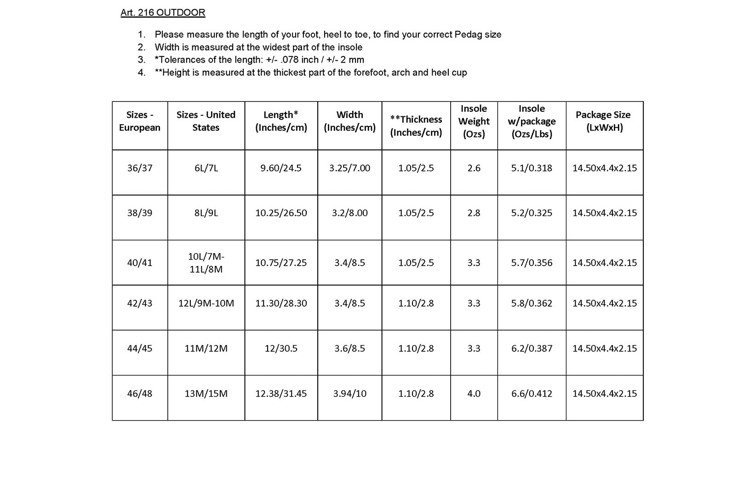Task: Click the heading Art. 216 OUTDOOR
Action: coord(163,13)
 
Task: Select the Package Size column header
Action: coord(603,121)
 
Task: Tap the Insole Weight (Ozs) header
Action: coord(474,121)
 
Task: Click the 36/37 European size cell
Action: coord(140,168)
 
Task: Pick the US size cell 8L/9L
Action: coord(206,213)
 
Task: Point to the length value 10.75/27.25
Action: coord(281,263)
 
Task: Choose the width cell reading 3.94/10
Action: coord(349,394)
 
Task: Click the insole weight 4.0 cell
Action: coord(474,394)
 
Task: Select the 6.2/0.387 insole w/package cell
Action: coord(532,348)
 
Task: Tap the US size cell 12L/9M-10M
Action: coord(206,303)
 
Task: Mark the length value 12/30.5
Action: coord(281,348)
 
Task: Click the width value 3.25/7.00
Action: coord(349,168)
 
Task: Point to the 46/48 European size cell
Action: coord(140,394)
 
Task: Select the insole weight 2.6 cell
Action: coord(474,168)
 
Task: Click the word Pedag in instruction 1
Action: coord(467,35)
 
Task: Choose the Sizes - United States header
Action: coord(206,121)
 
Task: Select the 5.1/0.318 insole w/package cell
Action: coord(532,168)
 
